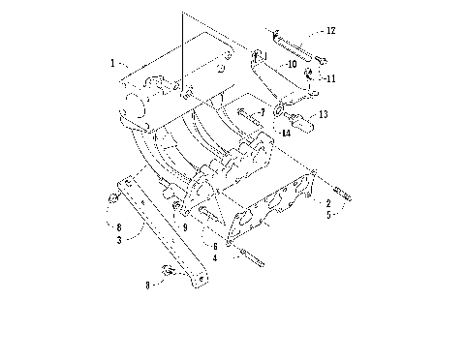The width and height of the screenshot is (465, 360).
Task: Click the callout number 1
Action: tap(113, 63)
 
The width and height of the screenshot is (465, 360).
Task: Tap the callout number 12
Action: tap(330, 31)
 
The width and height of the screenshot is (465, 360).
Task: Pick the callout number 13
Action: tap(324, 114)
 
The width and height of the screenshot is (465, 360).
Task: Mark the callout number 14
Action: tap(285, 133)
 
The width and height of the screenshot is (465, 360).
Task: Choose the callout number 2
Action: tap(327, 203)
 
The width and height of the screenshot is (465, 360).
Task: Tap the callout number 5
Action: tap(327, 215)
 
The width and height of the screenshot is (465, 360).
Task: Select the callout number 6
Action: tap(215, 247)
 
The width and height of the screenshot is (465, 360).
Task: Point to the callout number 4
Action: tap(215, 257)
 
